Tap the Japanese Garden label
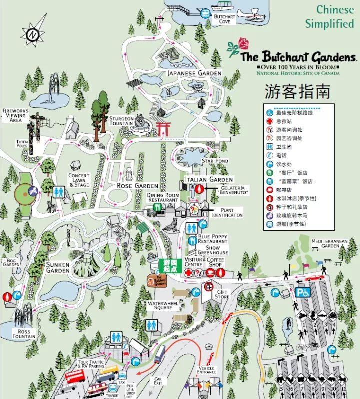click(x=194, y=73)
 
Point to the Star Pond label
click(x=215, y=161)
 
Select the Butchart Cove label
click(x=224, y=19)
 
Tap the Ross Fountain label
click(x=24, y=334)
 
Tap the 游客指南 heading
click(x=297, y=91)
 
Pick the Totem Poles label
click(x=22, y=144)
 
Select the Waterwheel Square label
click(x=160, y=305)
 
